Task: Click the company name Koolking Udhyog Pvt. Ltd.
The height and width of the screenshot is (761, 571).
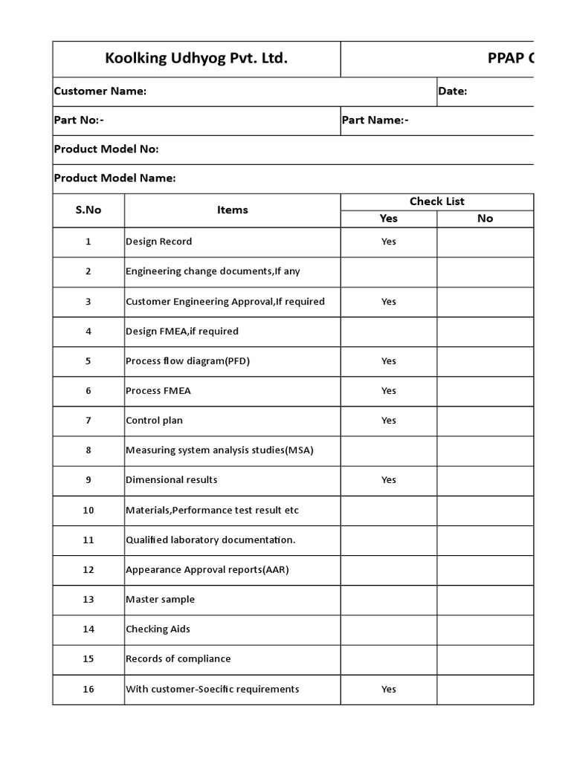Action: coord(196,59)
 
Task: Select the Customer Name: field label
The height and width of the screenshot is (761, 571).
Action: coord(100,91)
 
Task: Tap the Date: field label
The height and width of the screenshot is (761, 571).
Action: coord(453,91)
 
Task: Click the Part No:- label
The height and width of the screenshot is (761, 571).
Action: coord(79,120)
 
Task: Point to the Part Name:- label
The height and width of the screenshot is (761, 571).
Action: coord(375,120)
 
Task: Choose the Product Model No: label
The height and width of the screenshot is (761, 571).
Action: coord(106,149)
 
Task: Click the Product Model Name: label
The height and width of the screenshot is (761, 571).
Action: coord(115,178)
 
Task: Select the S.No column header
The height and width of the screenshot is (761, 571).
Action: coord(88,210)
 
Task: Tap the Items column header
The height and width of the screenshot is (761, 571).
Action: coord(233,210)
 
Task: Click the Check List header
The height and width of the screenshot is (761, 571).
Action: coord(437,201)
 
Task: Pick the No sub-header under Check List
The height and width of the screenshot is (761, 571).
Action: coord(485,218)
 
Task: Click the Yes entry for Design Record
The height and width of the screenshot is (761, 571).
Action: coord(389,242)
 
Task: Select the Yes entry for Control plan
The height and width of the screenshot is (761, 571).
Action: coord(389,421)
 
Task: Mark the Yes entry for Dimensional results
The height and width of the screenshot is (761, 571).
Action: coord(389,480)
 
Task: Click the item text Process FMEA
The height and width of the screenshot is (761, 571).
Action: coord(153,391)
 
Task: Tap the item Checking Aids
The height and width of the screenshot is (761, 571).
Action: coord(158,629)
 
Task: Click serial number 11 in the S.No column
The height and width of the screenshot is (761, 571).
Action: coord(88,540)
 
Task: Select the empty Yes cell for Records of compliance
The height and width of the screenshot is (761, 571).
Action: coord(389,659)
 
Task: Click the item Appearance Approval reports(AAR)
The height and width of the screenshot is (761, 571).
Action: coord(207,569)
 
